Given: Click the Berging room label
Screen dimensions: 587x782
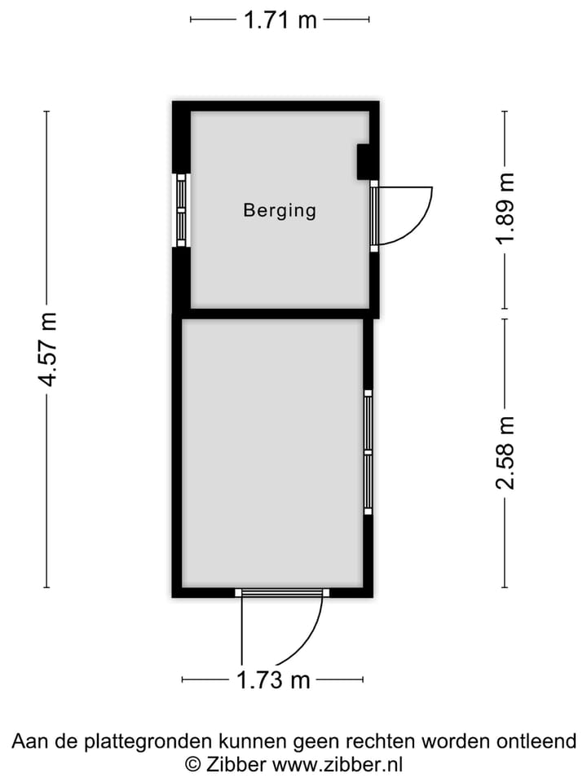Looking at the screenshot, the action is (x=280, y=210).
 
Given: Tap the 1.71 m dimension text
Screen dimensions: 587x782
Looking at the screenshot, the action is (x=280, y=20).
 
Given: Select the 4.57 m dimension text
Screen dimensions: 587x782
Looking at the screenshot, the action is (x=48, y=349).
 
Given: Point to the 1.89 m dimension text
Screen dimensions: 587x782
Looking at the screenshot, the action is (x=505, y=208).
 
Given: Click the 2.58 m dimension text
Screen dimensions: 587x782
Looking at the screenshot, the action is (x=505, y=453).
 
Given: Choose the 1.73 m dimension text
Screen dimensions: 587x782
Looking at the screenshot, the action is (x=273, y=679).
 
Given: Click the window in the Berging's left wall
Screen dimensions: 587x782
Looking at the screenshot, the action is (x=181, y=210).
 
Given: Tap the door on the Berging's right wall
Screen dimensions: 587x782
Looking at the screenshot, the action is (x=374, y=216).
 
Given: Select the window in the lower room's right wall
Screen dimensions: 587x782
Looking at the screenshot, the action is (x=369, y=452).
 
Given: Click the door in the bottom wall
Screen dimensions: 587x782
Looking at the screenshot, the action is (x=282, y=592).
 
